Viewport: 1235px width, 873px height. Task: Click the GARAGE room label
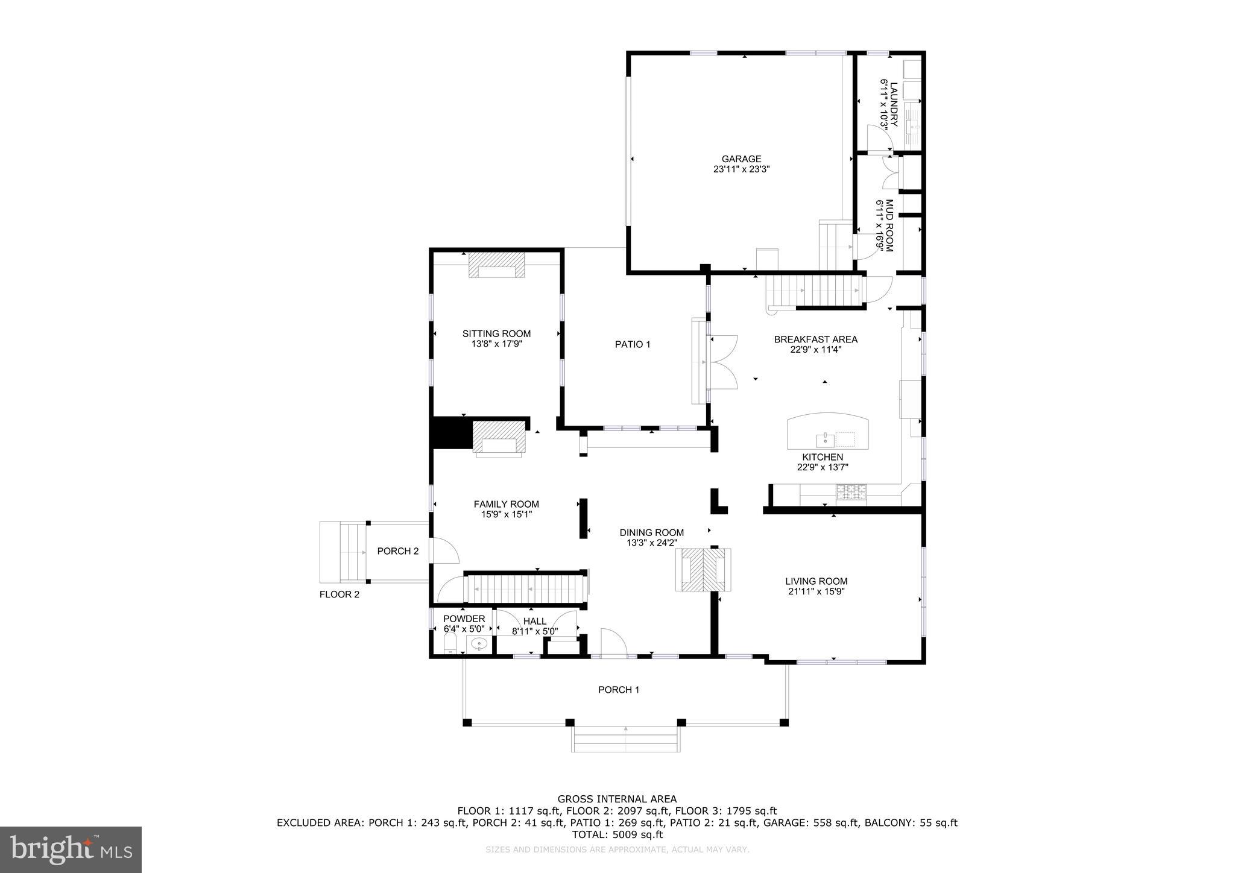pos(741,159)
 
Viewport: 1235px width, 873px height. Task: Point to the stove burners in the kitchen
pos(851,493)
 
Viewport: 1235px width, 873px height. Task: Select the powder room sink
pos(479,645)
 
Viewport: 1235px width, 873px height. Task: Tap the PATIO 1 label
pos(633,345)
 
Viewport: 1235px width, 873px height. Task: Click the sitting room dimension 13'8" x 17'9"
pos(496,344)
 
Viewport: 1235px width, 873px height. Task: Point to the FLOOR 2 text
pos(340,594)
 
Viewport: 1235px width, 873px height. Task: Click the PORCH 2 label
pos(398,551)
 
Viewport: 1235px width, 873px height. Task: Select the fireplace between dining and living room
pos(703,569)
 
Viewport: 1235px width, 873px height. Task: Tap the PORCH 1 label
pos(619,690)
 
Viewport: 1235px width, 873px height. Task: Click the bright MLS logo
pos(71,849)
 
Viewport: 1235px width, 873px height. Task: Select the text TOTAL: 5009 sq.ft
pos(617,834)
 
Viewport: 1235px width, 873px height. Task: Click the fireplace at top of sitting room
pos(497,266)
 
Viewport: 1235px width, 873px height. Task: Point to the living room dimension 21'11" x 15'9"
pos(816,591)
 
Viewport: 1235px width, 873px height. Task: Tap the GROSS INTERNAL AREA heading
pos(617,799)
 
